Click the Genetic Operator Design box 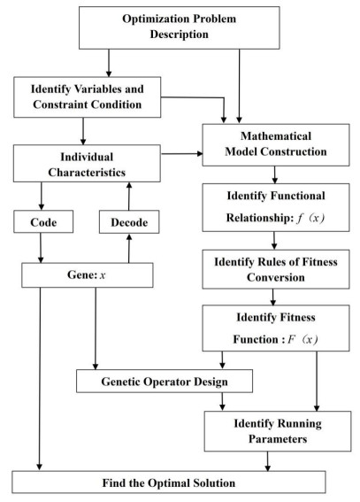tap(165, 381)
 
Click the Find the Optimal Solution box tap(168, 482)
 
